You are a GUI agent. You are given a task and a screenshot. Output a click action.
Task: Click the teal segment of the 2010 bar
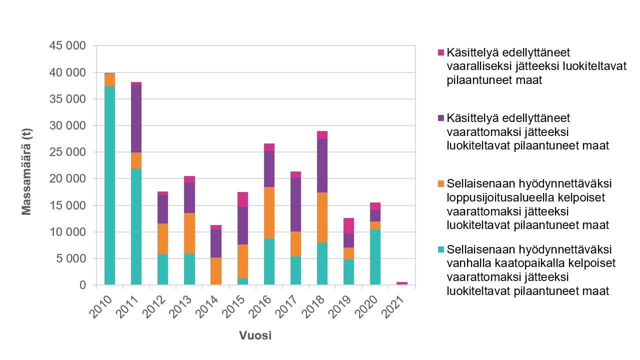(109, 185)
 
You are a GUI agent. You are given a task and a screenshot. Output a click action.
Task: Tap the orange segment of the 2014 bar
(216, 271)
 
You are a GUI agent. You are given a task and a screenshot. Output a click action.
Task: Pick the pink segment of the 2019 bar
(349, 225)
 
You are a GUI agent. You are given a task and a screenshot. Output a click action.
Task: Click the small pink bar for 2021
(402, 283)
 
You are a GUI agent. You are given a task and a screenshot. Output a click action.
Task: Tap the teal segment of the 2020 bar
(375, 257)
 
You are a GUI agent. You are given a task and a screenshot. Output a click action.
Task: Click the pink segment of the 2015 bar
(242, 199)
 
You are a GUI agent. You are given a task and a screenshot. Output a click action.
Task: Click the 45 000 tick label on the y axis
(68, 46)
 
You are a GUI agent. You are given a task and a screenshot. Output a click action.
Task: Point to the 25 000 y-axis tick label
(68, 152)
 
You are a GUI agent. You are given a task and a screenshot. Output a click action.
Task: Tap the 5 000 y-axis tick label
(71, 258)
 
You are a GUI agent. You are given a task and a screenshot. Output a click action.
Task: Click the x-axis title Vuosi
(255, 335)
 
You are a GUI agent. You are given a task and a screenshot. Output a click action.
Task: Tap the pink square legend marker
(440, 52)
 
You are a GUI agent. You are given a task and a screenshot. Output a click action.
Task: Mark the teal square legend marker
(440, 249)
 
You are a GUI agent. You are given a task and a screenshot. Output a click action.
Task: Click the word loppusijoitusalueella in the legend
(493, 197)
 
